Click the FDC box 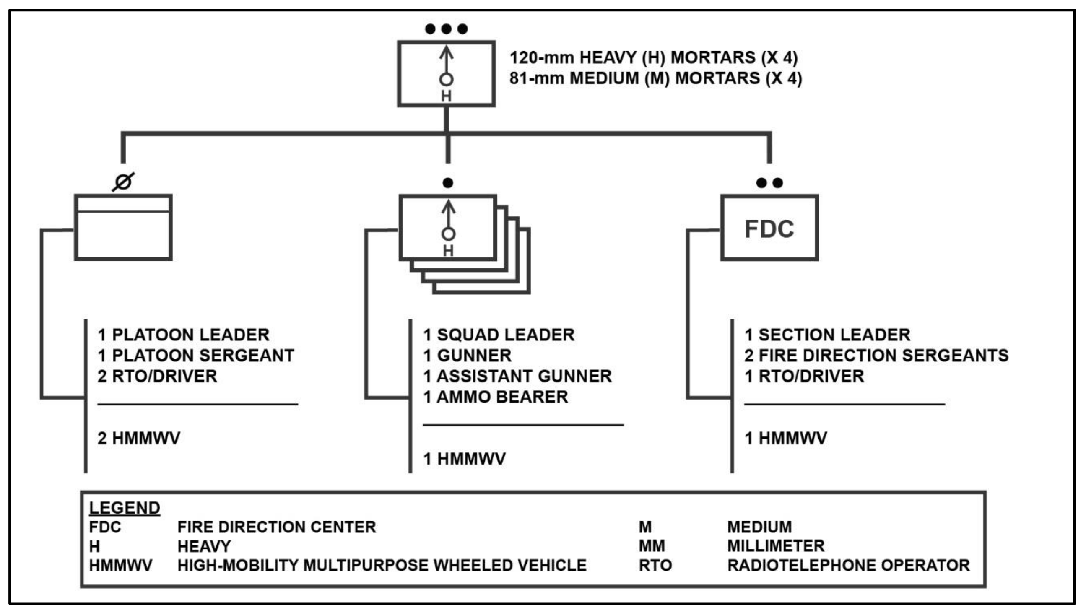tap(769, 228)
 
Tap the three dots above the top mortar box tap(446, 29)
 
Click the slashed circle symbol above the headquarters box tap(123, 182)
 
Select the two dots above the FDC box tap(769, 182)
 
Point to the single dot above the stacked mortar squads tap(448, 182)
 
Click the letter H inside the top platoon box tap(446, 96)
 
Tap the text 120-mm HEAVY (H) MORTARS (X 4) tap(653, 57)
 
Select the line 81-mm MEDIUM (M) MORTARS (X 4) tap(655, 78)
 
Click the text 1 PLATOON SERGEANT tap(196, 356)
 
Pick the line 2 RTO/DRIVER tap(157, 376)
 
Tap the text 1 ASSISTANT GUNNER tap(517, 376)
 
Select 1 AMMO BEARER tap(495, 397)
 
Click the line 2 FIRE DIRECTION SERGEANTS tap(876, 356)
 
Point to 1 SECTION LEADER tap(827, 335)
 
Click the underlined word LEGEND tap(125, 508)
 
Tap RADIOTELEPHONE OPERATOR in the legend tap(848, 565)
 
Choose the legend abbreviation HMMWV tap(121, 565)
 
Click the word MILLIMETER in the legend tap(776, 546)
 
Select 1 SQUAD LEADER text tap(498, 335)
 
